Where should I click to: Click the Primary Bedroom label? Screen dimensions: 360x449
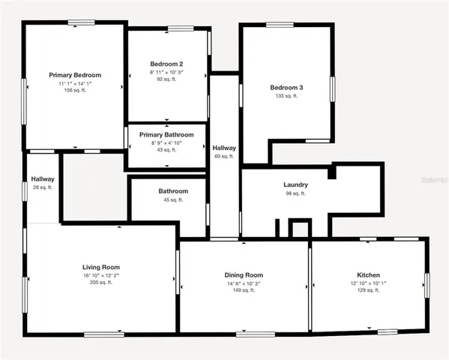point(75,75)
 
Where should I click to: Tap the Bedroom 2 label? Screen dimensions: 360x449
point(166,64)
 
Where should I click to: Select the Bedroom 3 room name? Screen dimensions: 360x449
point(286,88)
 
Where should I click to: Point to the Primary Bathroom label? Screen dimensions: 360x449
point(166,135)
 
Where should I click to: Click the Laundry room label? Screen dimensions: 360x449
point(295,184)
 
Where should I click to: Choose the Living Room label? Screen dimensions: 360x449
point(100,267)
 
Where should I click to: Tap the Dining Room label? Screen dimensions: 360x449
point(244,275)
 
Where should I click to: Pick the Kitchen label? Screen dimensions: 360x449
point(368,275)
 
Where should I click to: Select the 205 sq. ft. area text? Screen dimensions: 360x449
point(100,283)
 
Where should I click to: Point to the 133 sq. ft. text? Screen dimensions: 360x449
point(286,96)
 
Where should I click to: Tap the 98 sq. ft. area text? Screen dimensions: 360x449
point(295,193)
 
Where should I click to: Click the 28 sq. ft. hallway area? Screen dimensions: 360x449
point(42,187)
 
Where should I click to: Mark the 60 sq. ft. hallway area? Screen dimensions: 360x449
point(224,157)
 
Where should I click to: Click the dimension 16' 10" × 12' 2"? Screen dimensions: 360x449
point(100,275)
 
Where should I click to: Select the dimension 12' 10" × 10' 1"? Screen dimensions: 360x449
point(368,283)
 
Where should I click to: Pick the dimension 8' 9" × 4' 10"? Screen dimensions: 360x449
point(166,142)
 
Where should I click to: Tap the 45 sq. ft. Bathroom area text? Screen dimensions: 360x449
point(172,200)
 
